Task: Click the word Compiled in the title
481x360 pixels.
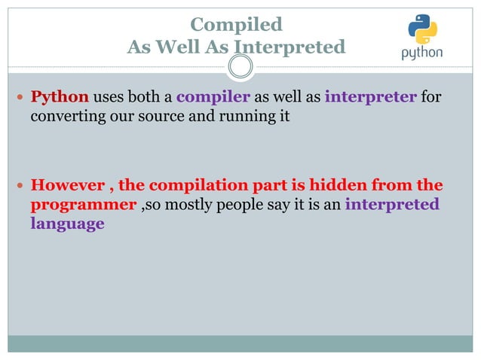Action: click(236, 25)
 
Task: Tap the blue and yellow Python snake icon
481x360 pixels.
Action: click(422, 30)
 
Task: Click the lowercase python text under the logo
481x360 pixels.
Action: click(422, 54)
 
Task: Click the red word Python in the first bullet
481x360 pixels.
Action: click(60, 98)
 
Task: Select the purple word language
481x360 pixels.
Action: click(67, 224)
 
